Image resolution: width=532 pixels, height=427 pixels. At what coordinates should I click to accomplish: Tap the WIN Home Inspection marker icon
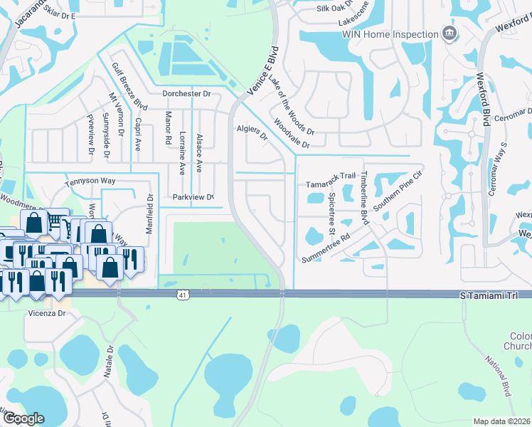[449, 33]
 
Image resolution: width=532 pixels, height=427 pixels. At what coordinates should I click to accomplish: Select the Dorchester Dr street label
[187, 93]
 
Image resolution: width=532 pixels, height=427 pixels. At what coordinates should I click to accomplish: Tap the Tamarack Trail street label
[331, 176]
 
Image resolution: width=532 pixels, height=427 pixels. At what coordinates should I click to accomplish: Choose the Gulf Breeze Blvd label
[129, 85]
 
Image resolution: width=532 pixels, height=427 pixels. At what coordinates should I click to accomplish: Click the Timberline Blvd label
[363, 195]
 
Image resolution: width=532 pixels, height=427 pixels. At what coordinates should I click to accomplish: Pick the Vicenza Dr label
[47, 312]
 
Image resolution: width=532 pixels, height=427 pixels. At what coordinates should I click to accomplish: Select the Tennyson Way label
[90, 181]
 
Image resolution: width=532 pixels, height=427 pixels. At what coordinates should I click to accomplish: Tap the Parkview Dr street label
[193, 197]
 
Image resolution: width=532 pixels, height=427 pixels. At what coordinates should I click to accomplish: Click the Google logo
[23, 418]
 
